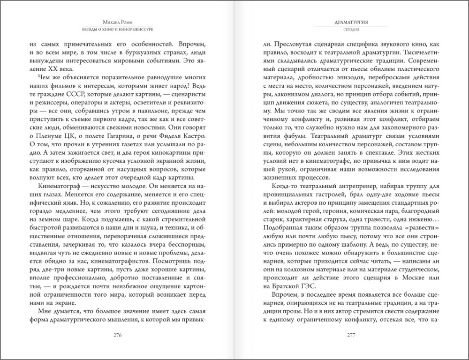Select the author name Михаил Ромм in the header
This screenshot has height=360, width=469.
pyautogui.click(x=118, y=21)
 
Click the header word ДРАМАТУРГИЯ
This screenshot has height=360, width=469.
pyautogui.click(x=351, y=22)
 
